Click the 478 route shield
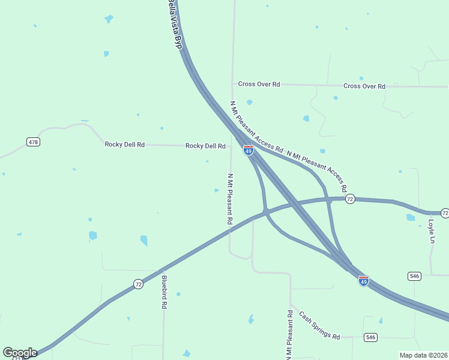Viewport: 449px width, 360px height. pyautogui.click(x=34, y=142)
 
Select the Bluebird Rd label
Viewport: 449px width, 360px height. pyautogui.click(x=164, y=292)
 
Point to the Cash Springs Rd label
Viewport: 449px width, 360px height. pyautogui.click(x=319, y=325)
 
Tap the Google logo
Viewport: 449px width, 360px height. pyautogui.click(x=20, y=353)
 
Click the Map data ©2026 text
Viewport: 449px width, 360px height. pyautogui.click(x=423, y=355)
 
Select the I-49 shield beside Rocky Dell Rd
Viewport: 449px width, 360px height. pyautogui.click(x=248, y=150)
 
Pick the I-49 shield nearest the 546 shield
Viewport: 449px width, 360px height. pyautogui.click(x=363, y=280)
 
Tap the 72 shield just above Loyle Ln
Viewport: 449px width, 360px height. pyautogui.click(x=445, y=213)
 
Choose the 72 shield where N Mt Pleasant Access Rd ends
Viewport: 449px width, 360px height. pyautogui.click(x=351, y=199)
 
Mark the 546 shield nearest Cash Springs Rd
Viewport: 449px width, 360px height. pyautogui.click(x=370, y=337)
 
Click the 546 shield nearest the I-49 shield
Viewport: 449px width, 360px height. pyautogui.click(x=414, y=276)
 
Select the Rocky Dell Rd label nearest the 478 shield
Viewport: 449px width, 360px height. pyautogui.click(x=125, y=144)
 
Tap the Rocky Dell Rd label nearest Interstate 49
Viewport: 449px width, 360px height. pyautogui.click(x=205, y=146)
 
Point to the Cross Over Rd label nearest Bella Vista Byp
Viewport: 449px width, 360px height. pyautogui.click(x=259, y=84)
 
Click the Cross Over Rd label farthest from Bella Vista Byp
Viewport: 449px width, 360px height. pyautogui.click(x=364, y=86)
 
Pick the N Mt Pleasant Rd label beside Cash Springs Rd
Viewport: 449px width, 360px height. pyautogui.click(x=290, y=334)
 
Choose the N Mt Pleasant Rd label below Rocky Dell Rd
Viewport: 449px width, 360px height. pyautogui.click(x=230, y=199)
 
